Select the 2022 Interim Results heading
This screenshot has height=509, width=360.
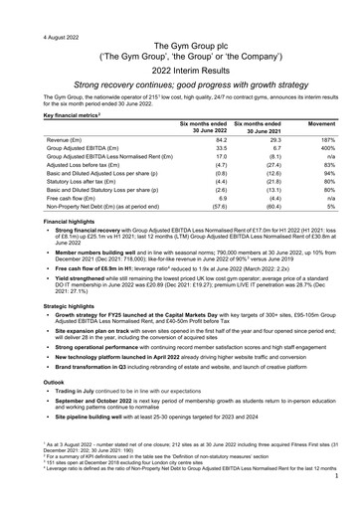pyautogui.click(x=180, y=75)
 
